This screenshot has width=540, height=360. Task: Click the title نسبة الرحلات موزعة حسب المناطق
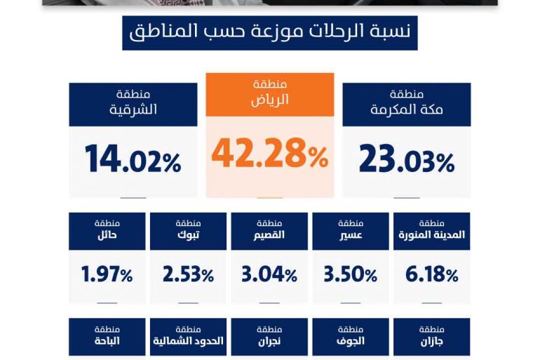[x=270, y=33]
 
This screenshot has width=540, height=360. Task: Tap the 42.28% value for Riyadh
[x=270, y=154]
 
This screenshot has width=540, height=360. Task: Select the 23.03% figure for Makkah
[x=407, y=159]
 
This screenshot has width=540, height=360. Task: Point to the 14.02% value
[x=133, y=159]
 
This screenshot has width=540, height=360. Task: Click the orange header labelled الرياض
[x=270, y=94]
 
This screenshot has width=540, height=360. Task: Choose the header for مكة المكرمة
[x=407, y=104]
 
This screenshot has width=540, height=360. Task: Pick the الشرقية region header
[x=133, y=104]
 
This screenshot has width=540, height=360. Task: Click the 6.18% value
[x=432, y=274]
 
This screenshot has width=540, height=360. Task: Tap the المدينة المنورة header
[x=432, y=231]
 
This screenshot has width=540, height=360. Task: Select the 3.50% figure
[x=351, y=274]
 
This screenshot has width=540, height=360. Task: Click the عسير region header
[x=351, y=231]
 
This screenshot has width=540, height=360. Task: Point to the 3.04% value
[x=269, y=274]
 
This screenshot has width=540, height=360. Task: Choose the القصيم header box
[x=269, y=231]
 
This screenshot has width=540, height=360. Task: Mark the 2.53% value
[x=188, y=274]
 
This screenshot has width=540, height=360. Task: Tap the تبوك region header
[x=188, y=231]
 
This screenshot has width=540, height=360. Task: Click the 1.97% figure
[x=107, y=274]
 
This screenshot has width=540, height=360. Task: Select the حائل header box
[x=107, y=231]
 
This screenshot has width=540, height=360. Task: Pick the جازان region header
[x=432, y=336]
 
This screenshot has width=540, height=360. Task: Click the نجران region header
[x=269, y=336]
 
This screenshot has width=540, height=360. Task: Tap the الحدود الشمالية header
[x=188, y=336]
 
